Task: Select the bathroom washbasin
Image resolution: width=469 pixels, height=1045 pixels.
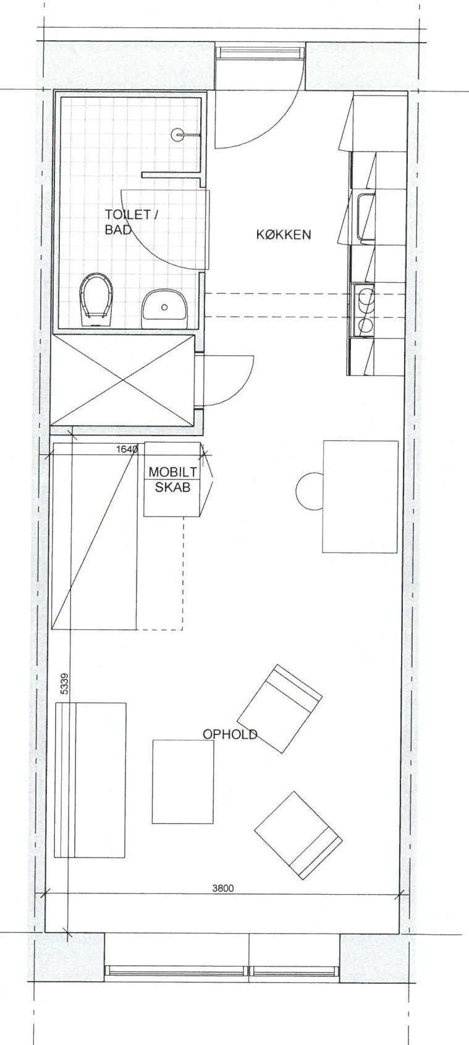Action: (x=164, y=306)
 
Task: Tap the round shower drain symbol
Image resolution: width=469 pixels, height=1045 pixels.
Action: (x=178, y=135)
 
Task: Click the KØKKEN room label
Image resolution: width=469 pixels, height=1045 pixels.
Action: (x=283, y=234)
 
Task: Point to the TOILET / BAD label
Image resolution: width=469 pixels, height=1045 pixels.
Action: (x=132, y=221)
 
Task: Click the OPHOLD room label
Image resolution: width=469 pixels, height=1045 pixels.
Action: (x=230, y=734)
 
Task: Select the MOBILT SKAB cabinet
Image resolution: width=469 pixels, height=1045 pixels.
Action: (x=173, y=479)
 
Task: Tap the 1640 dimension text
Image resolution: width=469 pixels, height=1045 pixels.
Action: (x=128, y=450)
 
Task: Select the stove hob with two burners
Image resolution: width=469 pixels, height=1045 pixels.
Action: (x=363, y=309)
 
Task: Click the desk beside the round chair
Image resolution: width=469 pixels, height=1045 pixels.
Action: (x=360, y=497)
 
